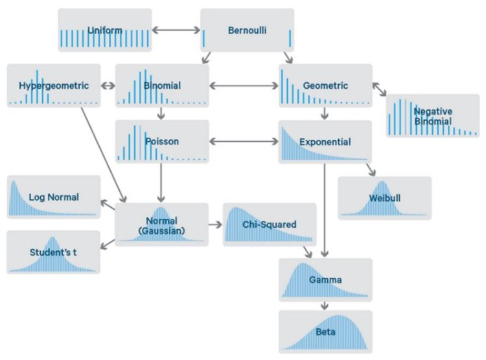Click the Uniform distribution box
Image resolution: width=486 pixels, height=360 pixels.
click(104, 30)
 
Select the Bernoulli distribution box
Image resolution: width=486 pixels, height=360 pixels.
click(247, 30)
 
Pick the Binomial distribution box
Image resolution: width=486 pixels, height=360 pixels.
click(162, 85)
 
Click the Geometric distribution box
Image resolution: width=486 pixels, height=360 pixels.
click(325, 85)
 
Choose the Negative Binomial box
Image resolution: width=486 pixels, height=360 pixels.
click(432, 115)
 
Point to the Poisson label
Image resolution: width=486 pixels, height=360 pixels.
click(162, 141)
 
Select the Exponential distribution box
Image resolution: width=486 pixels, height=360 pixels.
click(325, 141)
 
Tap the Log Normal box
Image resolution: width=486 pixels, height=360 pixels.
click(54, 196)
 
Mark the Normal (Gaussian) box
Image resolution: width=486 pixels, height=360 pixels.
click(162, 225)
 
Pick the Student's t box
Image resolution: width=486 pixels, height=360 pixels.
click(54, 252)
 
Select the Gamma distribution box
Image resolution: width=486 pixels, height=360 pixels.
click(325, 280)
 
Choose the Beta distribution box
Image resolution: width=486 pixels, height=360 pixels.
click(325, 332)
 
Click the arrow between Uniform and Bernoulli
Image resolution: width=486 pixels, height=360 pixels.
click(176, 30)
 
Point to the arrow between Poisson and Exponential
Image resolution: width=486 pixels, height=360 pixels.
click(244, 141)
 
